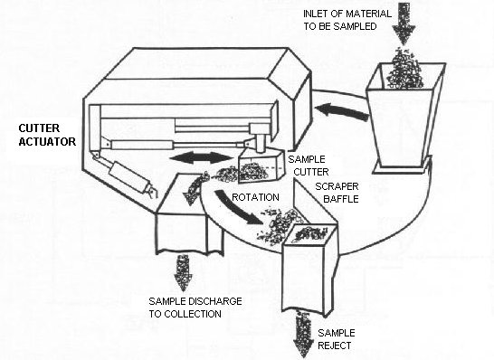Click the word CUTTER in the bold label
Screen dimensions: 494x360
click(x=39, y=128)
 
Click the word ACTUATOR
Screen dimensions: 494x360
click(x=47, y=141)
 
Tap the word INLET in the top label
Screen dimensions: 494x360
click(x=314, y=14)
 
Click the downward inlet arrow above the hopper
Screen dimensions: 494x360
click(x=404, y=23)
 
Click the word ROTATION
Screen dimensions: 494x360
click(x=255, y=197)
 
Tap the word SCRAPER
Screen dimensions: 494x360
click(x=337, y=186)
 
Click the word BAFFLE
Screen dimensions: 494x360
click(x=341, y=199)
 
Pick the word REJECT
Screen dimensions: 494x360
click(x=334, y=346)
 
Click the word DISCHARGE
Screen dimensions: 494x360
click(x=215, y=301)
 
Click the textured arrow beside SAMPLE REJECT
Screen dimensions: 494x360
click(x=303, y=334)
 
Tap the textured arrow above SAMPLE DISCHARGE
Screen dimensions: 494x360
click(x=183, y=272)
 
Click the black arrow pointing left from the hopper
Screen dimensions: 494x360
click(x=342, y=112)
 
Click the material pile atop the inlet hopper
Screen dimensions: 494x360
click(x=404, y=69)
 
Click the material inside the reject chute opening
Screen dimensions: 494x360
click(x=309, y=232)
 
